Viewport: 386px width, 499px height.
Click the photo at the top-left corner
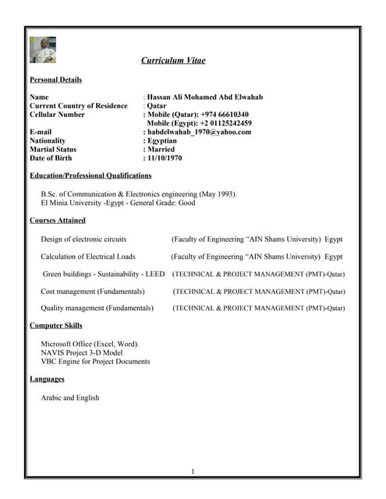coord(43,49)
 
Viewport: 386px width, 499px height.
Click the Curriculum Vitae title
coord(173,60)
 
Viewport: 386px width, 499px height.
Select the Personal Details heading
coord(55,80)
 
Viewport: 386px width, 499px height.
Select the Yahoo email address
coord(199,132)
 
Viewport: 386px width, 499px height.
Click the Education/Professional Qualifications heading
coord(90,175)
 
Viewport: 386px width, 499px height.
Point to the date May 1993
coord(218,194)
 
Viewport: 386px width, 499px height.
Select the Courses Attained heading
coord(57,221)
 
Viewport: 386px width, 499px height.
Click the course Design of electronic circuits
coord(83,239)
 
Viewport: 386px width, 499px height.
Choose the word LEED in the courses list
coord(154,274)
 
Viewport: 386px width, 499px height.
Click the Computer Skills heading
coord(55,325)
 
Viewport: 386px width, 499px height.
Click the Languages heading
coord(47,379)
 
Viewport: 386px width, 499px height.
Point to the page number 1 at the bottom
coord(193,471)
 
